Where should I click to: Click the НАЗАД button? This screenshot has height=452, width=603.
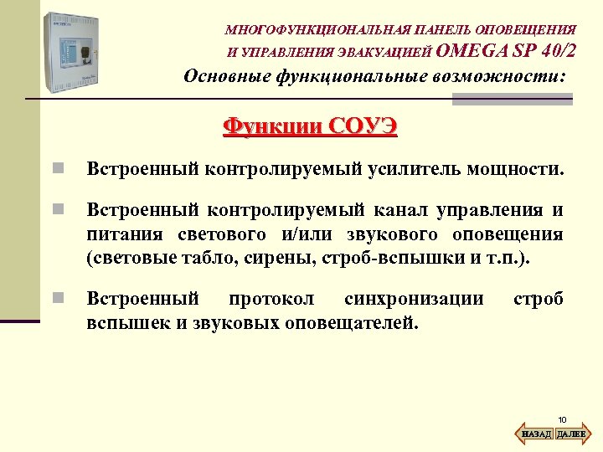click(x=537, y=434)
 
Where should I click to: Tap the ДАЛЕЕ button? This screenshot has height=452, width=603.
click(x=570, y=434)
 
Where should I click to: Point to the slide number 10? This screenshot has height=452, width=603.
click(x=562, y=419)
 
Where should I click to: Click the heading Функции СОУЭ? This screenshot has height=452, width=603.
click(x=310, y=126)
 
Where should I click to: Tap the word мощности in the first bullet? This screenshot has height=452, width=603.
click(x=513, y=170)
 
